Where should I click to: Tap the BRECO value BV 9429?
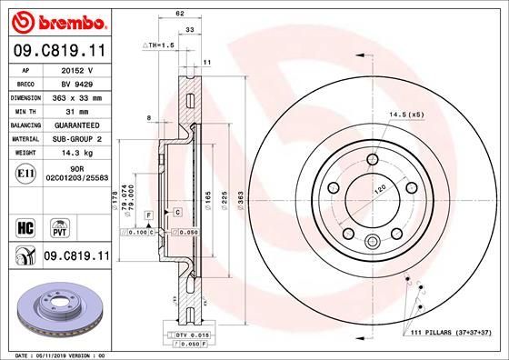click(78, 82)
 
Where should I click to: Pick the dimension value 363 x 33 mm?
click(78, 95)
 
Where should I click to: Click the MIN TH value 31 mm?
click(78, 110)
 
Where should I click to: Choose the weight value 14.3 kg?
click(78, 153)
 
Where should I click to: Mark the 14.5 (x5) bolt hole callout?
click(407, 115)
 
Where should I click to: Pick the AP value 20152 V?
click(78, 68)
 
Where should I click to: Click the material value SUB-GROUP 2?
click(78, 138)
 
